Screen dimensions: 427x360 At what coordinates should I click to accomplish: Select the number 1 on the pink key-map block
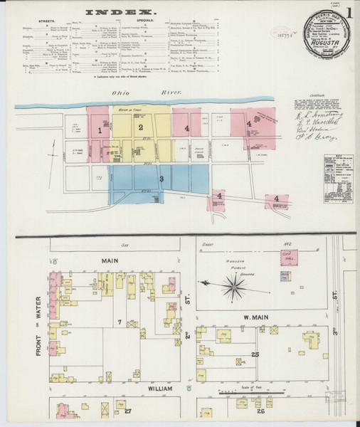click(x=100, y=130)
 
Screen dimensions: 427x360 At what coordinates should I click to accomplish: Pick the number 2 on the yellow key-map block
click(x=141, y=127)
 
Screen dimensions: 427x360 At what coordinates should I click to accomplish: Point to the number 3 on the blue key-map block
click(x=162, y=178)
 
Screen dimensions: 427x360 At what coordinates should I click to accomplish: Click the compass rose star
click(x=233, y=287)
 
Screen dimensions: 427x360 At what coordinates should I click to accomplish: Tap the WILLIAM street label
click(x=156, y=389)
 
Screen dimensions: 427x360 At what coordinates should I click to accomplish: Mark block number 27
click(x=128, y=411)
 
